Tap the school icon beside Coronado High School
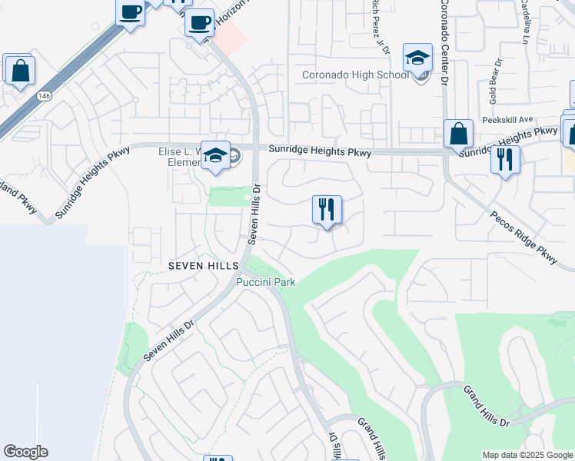[x=418, y=58]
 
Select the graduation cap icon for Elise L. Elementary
[x=215, y=154]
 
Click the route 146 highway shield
[x=43, y=95]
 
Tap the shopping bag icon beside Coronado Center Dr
[x=458, y=134]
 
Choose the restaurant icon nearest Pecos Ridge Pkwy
[x=504, y=160]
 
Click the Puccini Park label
[x=265, y=282]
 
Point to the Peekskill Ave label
[x=507, y=120]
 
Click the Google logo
[x=25, y=452]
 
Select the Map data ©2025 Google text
[x=527, y=455]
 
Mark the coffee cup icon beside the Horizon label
[x=199, y=22]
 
